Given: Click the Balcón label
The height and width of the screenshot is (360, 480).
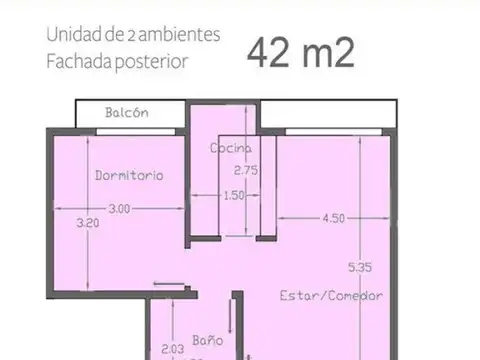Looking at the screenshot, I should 127,112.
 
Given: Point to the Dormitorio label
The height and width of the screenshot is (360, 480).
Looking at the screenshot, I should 129,175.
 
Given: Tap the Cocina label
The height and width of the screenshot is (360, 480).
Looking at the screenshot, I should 230,149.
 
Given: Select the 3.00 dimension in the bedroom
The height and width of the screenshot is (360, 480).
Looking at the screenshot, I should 119,208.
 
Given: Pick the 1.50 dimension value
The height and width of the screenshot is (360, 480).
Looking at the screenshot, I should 234,195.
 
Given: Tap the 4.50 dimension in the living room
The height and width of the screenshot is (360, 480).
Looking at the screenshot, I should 334,217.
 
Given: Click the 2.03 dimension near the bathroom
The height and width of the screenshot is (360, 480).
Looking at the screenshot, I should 172,350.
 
